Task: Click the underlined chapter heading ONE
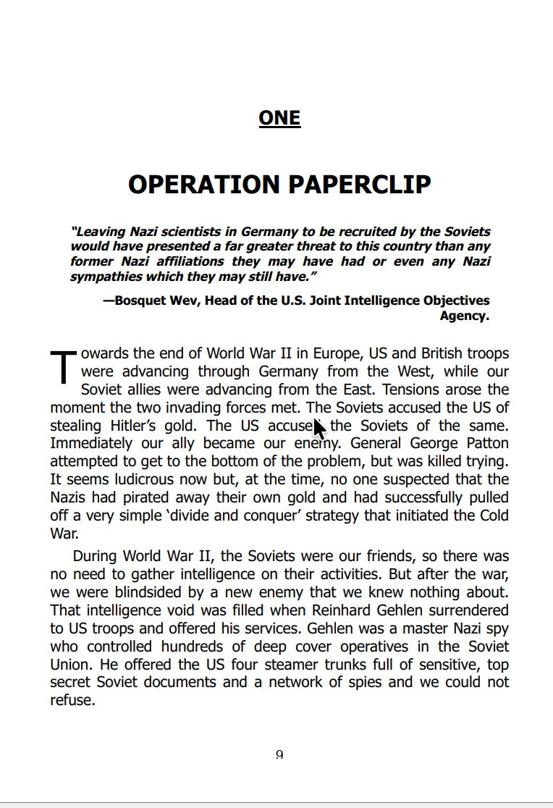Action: click(x=279, y=118)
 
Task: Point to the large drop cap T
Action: click(x=63, y=366)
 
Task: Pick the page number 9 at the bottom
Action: click(x=279, y=754)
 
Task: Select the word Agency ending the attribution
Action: click(x=464, y=316)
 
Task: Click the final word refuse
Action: click(x=72, y=700)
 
